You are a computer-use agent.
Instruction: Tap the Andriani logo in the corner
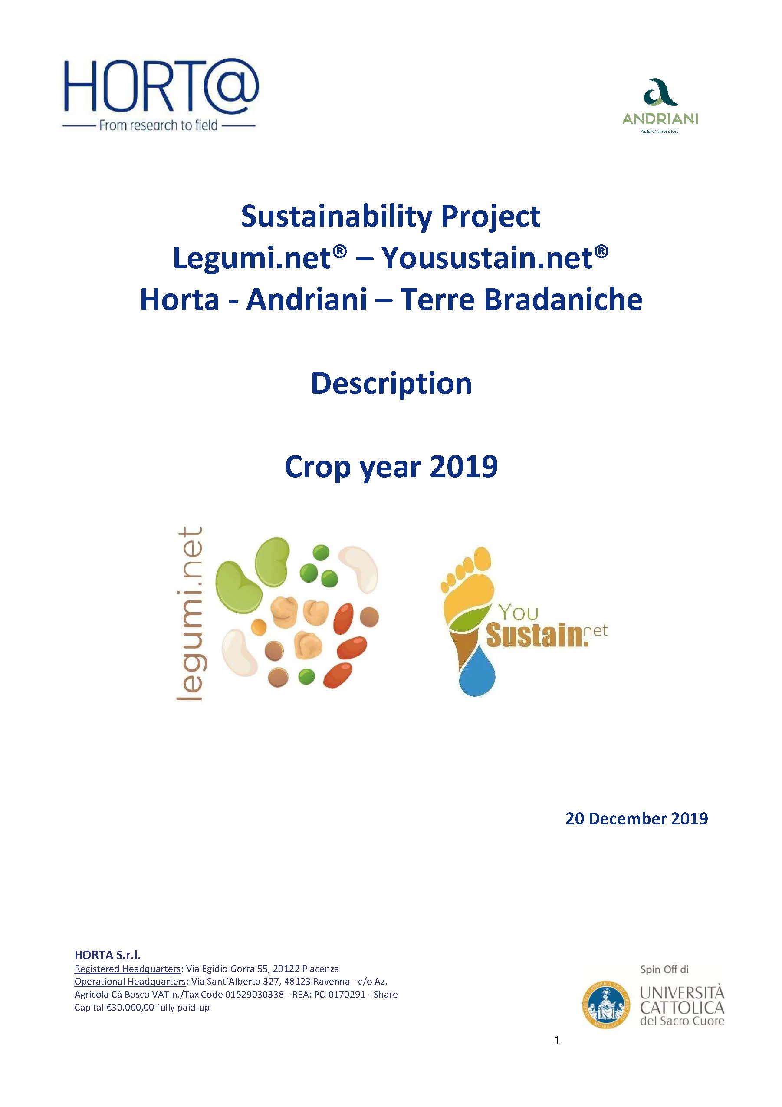coord(660,106)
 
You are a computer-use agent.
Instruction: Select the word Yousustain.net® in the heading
coord(494,258)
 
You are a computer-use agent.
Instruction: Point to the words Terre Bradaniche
coord(521,300)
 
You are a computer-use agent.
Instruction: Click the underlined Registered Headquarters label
coord(128,969)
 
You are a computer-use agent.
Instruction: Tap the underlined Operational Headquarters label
coord(130,981)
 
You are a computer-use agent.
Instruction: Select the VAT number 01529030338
coord(254,994)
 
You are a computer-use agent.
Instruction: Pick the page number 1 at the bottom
coord(557,1041)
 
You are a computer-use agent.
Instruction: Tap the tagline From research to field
coord(158,126)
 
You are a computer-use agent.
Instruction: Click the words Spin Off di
coord(664,969)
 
